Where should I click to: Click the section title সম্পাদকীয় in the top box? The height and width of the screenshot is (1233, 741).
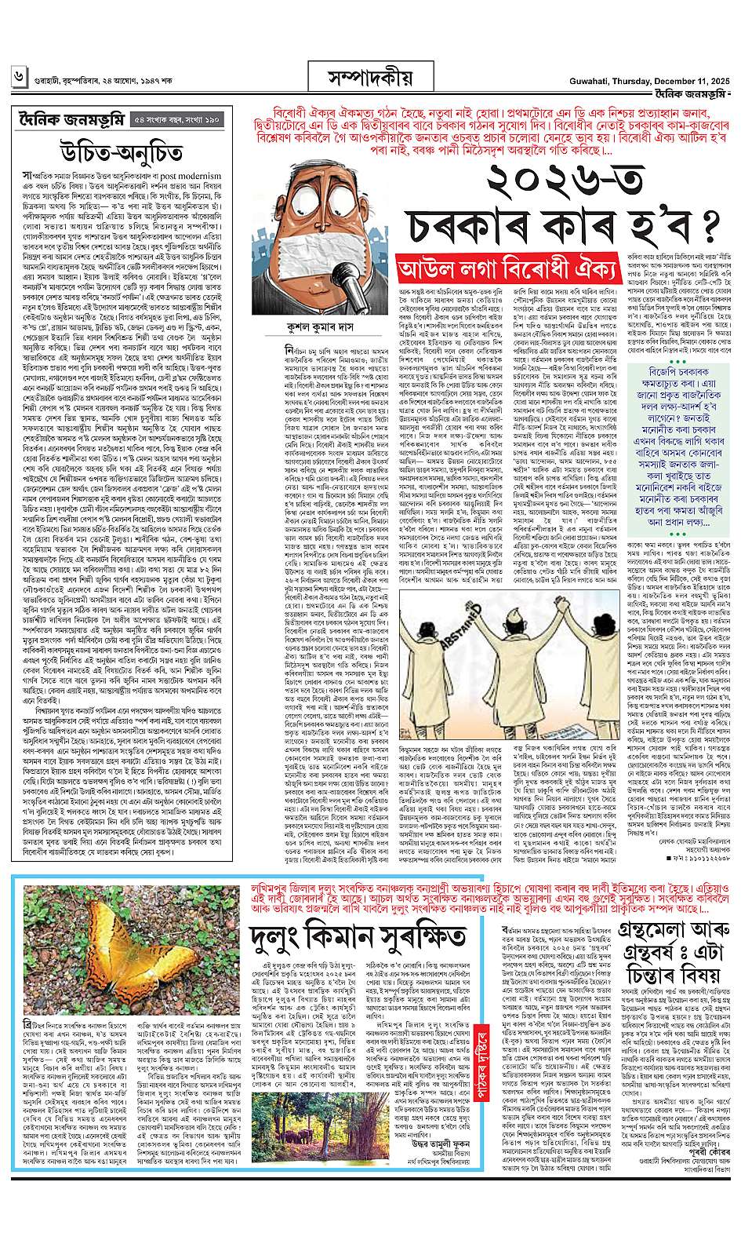tap(370, 78)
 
